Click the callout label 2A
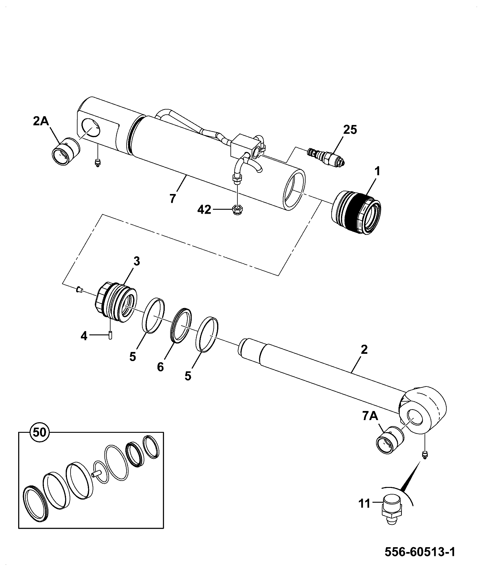pyautogui.click(x=41, y=122)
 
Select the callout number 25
pyautogui.click(x=350, y=130)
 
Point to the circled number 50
pyautogui.click(x=40, y=432)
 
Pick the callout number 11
pyautogui.click(x=365, y=504)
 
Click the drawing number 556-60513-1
pyautogui.click(x=420, y=552)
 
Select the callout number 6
pyautogui.click(x=160, y=367)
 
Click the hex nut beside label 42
pyautogui.click(x=236, y=209)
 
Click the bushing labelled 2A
pyautogui.click(x=66, y=151)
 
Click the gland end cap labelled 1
pyautogui.click(x=356, y=213)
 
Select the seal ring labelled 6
pyautogui.click(x=181, y=326)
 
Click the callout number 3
pyautogui.click(x=137, y=261)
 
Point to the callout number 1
pyautogui.click(x=377, y=172)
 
